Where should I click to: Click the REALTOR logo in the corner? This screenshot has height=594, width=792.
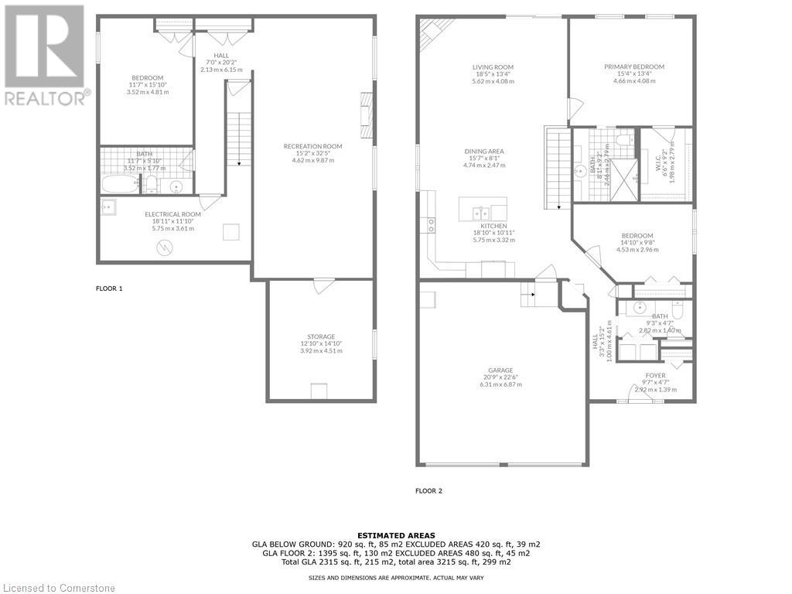[x=45, y=54]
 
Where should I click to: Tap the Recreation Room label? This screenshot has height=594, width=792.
[x=312, y=146]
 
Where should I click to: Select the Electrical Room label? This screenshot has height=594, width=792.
[x=172, y=214]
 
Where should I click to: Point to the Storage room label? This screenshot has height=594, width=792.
[x=321, y=336]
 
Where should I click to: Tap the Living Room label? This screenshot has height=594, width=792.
[x=493, y=67]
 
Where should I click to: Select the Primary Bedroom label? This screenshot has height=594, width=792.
[x=634, y=67]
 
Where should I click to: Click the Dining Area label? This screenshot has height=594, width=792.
[x=484, y=151]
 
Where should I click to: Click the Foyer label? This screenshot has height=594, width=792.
[x=655, y=376]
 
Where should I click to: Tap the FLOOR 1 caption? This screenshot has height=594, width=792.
[x=109, y=288]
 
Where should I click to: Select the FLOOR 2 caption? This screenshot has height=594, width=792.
[x=428, y=490]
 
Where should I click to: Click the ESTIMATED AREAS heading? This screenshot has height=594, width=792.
[x=395, y=535]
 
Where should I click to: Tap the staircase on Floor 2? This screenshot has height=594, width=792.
[x=558, y=167]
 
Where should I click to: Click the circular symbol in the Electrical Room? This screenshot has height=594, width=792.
[x=164, y=247]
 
